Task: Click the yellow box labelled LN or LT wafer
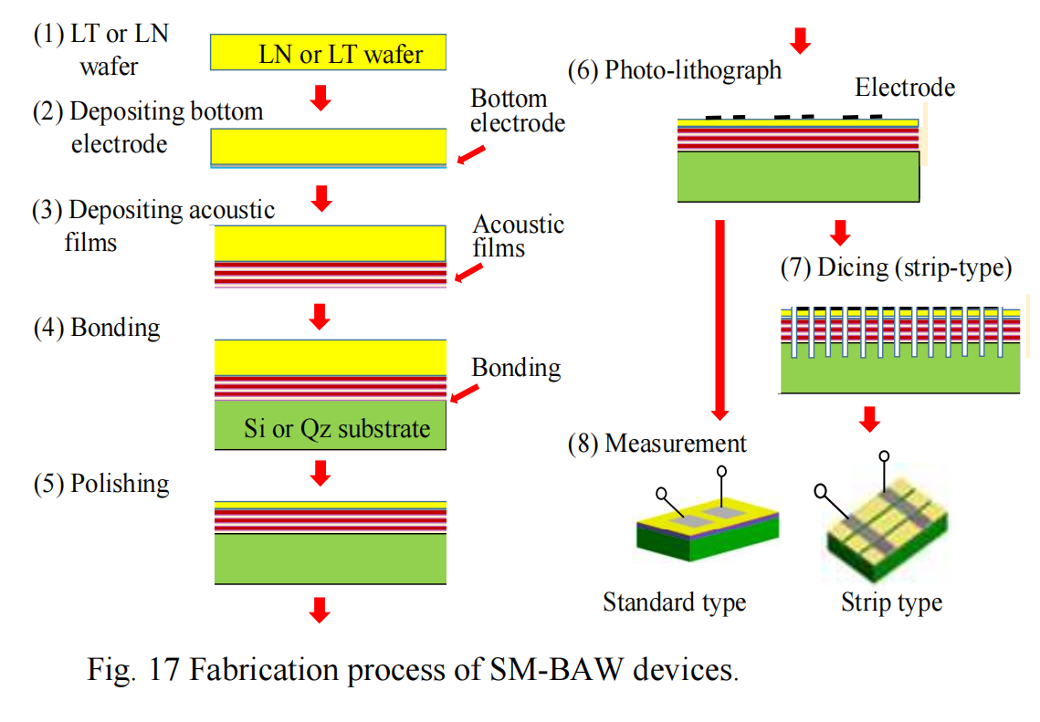click(330, 53)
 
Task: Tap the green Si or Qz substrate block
click(331, 427)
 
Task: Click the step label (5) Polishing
click(101, 483)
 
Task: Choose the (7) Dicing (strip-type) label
click(898, 269)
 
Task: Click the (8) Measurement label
click(657, 444)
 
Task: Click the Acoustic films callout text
click(519, 235)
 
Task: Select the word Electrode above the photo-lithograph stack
click(905, 88)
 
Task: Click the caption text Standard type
click(674, 602)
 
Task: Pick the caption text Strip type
click(891, 603)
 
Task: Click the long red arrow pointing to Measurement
click(720, 319)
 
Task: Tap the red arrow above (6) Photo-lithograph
click(800, 39)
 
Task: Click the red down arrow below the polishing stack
click(319, 609)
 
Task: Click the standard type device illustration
click(708, 529)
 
